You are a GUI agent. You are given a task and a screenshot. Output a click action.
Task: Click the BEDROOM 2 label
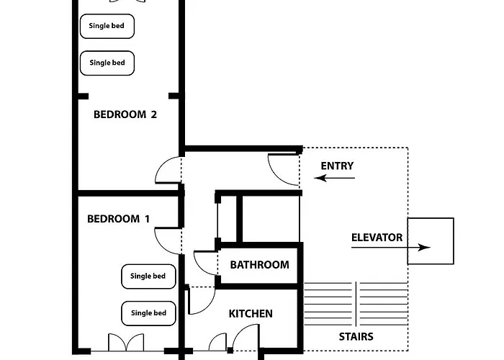point(125,114)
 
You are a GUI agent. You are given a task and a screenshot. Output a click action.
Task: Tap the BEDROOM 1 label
point(118,219)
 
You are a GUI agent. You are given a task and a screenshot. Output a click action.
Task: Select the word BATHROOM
point(259,265)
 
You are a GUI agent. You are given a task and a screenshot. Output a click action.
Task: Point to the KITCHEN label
point(251,314)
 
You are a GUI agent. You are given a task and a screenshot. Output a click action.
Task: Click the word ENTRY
point(337,166)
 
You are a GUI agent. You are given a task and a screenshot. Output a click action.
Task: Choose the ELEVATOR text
point(377,238)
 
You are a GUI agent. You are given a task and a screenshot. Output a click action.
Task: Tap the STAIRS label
point(356,336)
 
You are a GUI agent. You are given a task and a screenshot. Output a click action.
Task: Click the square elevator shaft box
point(431,218)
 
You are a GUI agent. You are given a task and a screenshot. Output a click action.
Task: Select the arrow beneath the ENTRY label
point(334,178)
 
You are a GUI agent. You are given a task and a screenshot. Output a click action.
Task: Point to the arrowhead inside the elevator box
point(424,247)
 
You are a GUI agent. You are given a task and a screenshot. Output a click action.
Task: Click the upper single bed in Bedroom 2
point(107,26)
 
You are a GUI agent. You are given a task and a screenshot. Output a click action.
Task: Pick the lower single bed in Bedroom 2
point(107,63)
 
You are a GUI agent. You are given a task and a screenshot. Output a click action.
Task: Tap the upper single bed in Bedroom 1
point(148,276)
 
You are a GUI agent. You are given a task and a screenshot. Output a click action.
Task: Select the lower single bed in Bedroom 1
point(148,313)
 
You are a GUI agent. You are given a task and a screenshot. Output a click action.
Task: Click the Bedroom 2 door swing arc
point(160,165)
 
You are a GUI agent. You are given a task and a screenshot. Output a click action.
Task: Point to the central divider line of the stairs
point(356,304)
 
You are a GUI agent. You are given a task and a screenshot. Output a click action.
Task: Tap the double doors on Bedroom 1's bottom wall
point(126,342)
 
